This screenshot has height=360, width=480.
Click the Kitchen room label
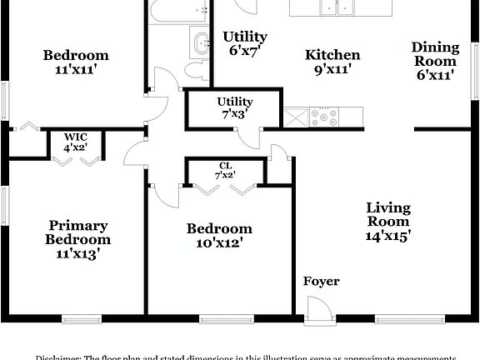point(332,55)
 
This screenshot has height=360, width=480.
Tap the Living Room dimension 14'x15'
point(388,236)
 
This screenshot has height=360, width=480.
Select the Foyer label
point(321,282)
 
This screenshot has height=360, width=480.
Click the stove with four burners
point(323,117)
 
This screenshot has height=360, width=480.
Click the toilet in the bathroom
point(197,70)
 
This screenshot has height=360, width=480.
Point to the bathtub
point(178,10)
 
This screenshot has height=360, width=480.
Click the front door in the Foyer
point(317,312)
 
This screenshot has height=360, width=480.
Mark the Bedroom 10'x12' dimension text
point(219,243)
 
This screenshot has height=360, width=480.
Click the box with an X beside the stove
point(296,117)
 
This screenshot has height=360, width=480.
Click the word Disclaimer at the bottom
point(56,356)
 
